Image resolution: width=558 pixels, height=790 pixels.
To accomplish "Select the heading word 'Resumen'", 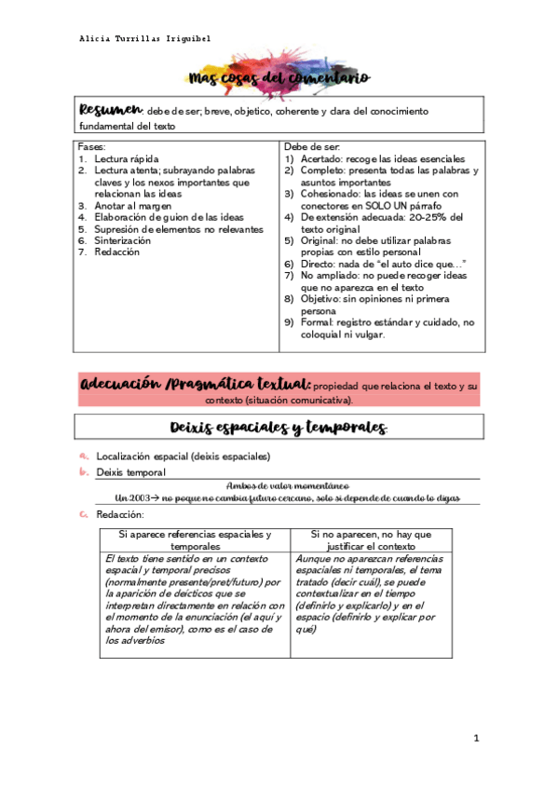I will [x=110, y=110].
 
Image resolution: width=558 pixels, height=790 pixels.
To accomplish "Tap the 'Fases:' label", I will [x=92, y=147].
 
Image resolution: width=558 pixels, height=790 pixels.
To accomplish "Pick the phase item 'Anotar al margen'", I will [x=136, y=205].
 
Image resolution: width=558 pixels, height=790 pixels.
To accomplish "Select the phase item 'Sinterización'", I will [x=129, y=240].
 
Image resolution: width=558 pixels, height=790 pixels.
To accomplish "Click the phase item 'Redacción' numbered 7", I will [x=117, y=252].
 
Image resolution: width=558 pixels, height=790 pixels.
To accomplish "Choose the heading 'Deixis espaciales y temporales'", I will [x=279, y=427].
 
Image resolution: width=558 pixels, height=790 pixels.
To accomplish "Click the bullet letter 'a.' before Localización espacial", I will [x=84, y=456].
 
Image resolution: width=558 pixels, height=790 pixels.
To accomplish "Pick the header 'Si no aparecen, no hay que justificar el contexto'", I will [x=383, y=540].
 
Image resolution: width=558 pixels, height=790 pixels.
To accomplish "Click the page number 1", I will [x=476, y=739].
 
